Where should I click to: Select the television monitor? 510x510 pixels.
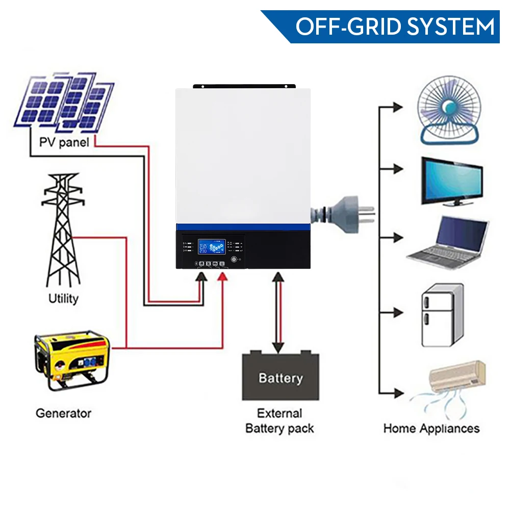[x=452, y=181]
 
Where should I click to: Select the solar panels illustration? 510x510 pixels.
[x=64, y=102]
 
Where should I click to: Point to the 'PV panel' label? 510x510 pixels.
[x=64, y=141]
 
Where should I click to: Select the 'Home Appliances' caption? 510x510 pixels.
[x=431, y=428]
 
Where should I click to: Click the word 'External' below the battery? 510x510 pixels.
[x=279, y=413]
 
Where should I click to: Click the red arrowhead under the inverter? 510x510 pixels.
[x=223, y=276]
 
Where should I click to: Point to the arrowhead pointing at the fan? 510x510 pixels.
[x=397, y=108]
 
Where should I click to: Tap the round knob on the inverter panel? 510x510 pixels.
[x=234, y=259]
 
